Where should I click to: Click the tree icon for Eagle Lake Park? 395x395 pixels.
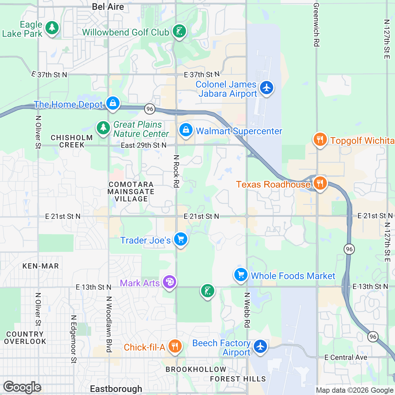[x=52, y=28]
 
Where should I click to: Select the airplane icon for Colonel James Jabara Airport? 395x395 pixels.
[x=266, y=88]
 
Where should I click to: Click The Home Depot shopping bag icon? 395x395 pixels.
[x=113, y=103]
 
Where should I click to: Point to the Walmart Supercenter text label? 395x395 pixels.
[x=239, y=131]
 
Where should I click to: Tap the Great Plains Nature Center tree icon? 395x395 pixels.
[x=103, y=127]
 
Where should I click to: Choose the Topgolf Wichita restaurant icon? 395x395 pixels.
[x=319, y=140]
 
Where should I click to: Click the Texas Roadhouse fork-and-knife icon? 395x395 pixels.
[x=319, y=183]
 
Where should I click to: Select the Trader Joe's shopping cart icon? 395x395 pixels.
[x=180, y=239]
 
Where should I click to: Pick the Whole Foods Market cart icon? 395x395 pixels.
[x=241, y=275]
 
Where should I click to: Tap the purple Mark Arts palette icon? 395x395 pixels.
[x=169, y=282]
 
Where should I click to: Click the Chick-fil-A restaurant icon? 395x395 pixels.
[x=175, y=346]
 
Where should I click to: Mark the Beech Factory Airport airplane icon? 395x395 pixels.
[x=260, y=347]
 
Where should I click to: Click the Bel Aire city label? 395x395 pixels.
[x=108, y=7]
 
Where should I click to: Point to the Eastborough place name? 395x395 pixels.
[x=116, y=389]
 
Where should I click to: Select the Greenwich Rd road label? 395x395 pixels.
[x=316, y=25]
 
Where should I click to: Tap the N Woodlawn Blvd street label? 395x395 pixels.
[x=109, y=324]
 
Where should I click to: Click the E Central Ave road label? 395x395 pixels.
[x=346, y=357]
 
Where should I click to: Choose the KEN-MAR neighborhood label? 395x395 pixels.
[x=40, y=266]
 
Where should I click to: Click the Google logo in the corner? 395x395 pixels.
[x=22, y=387]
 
